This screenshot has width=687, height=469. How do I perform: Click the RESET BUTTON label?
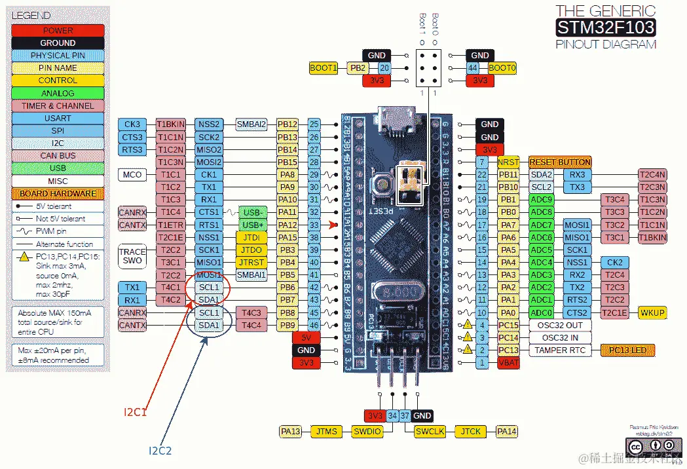[x=560, y=162]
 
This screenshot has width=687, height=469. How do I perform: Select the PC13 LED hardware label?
[x=628, y=350]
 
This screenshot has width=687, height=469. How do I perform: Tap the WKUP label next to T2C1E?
[x=652, y=312]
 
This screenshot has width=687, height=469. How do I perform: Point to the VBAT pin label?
[x=508, y=363]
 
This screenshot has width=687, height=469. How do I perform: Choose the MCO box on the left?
[x=132, y=175]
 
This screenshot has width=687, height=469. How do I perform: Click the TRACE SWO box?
[x=132, y=256]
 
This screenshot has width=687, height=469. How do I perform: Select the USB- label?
[x=251, y=212]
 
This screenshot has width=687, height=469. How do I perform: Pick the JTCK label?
[x=471, y=431]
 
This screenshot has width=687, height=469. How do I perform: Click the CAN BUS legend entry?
[x=58, y=156]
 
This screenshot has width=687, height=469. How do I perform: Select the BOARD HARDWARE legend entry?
[x=58, y=194]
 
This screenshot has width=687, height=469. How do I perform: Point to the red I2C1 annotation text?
[x=136, y=413]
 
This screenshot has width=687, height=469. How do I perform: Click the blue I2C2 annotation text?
[x=160, y=451]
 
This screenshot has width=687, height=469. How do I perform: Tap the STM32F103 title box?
[x=605, y=28]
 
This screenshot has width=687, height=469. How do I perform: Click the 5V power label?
[x=306, y=337]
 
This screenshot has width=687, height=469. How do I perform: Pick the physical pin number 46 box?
[x=314, y=325]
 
